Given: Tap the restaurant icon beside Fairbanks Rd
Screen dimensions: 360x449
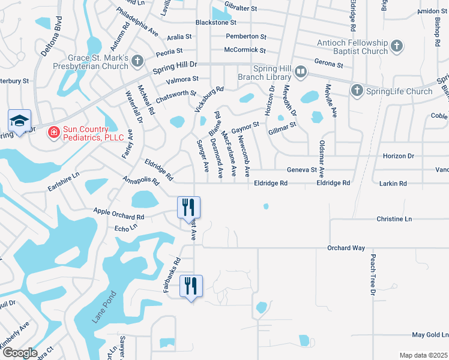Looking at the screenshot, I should click(x=191, y=286).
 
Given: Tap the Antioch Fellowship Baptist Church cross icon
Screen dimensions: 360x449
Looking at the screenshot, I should click(x=396, y=46).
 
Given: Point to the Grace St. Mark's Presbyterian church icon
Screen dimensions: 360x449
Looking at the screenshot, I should click(x=137, y=61).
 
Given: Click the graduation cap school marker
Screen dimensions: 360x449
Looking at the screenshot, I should click(x=19, y=120).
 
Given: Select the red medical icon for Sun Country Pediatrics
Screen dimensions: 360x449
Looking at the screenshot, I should click(x=53, y=131).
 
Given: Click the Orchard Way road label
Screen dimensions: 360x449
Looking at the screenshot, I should click(x=346, y=248).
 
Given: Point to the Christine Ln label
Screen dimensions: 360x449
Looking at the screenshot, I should click(x=394, y=219).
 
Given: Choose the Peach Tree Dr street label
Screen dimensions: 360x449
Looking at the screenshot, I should click(x=373, y=275).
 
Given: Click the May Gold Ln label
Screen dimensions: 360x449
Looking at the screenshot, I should click(x=430, y=334).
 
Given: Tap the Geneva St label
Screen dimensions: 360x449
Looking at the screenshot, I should click(x=301, y=170).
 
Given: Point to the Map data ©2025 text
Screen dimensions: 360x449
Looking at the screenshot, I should click(x=423, y=355).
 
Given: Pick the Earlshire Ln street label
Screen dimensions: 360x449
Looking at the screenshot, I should click(x=64, y=183).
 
